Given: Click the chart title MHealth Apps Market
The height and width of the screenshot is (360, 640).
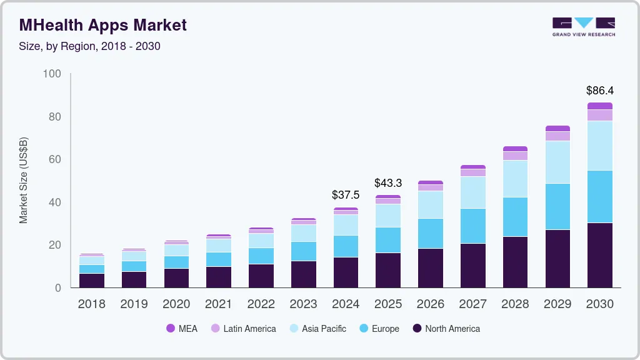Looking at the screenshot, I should (103, 26).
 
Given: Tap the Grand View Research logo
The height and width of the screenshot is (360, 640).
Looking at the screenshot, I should (583, 27).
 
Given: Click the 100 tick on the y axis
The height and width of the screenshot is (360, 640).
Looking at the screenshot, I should (52, 74).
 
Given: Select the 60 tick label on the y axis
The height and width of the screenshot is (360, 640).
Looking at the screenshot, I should (54, 160).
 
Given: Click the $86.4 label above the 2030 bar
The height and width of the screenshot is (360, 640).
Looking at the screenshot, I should (599, 91).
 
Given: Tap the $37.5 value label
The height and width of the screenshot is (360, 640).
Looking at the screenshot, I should (346, 195).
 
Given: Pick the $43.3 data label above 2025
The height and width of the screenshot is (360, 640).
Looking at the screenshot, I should (388, 183).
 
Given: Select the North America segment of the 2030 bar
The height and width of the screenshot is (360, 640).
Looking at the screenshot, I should (599, 255).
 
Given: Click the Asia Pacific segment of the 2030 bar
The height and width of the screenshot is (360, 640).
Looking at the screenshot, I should (599, 146).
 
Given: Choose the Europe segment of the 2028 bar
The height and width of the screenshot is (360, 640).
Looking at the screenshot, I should (515, 217).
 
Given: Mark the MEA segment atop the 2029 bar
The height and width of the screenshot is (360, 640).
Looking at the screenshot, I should (557, 129).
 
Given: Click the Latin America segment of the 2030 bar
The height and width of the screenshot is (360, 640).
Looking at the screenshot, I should (599, 115).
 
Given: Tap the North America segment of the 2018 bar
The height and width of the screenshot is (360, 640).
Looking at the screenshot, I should (91, 281).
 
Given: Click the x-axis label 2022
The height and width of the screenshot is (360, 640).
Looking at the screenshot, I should (261, 304).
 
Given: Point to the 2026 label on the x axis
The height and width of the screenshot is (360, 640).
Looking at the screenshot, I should (430, 304).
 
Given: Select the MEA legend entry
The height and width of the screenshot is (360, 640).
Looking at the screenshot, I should (182, 329).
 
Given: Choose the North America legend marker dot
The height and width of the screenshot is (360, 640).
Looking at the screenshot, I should (417, 329).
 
